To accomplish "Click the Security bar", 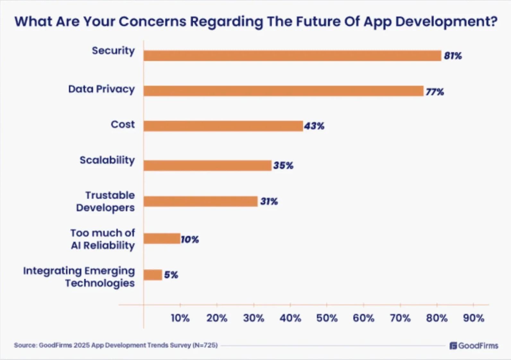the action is (x=292, y=56).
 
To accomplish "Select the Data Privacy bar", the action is (x=283, y=91).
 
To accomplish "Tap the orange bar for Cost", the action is (x=223, y=126).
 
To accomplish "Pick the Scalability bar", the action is (x=208, y=166).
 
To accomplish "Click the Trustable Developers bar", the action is (x=201, y=201).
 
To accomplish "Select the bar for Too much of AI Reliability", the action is (x=162, y=238).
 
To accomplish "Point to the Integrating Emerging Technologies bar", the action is (x=153, y=275).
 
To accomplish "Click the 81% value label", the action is (x=453, y=56).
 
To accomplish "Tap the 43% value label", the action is (x=314, y=126).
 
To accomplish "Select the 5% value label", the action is (x=171, y=275).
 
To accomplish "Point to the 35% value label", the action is (x=283, y=166).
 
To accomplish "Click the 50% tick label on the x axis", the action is (x=327, y=318).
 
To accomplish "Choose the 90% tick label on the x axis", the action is (x=473, y=318).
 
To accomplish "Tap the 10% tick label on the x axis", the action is (x=180, y=318).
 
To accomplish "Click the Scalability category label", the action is (x=107, y=160).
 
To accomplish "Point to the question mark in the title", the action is (x=493, y=21).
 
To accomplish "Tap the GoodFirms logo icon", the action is (x=453, y=346).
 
